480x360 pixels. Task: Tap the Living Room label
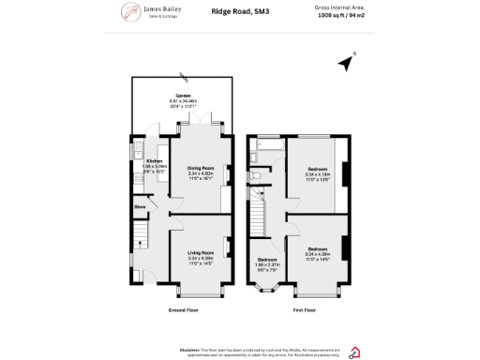[201, 254]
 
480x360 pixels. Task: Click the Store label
[141, 206]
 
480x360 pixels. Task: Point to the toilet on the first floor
[254, 175]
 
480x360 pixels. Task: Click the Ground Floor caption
[183, 309]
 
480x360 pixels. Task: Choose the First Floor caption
[304, 309]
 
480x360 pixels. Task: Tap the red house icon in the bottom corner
[353, 352]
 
